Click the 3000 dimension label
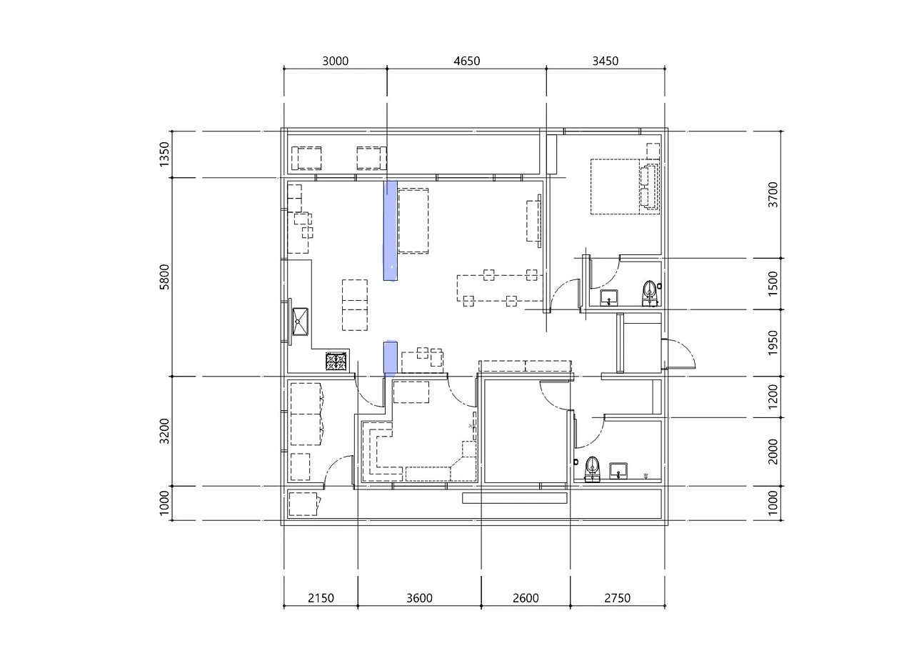pos(336,61)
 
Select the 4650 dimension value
pos(467,61)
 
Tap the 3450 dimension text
pos(606,61)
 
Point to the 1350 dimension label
pos(164,154)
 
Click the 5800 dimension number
pos(164,277)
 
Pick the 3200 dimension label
pos(164,431)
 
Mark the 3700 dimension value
pos(773,195)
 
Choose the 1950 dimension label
pos(773,343)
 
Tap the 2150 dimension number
pos(321,598)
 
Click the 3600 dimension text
pos(419,598)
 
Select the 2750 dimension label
pos(618,598)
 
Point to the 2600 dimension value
pos(526,598)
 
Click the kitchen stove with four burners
pos(336,362)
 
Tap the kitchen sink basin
pos(300,322)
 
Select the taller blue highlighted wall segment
pos(390,231)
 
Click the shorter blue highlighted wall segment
pos(391,358)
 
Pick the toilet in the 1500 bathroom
pos(650,293)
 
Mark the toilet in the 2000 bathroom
pos(593,469)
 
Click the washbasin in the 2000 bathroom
pos(618,471)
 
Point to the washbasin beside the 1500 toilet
pos(609,297)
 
